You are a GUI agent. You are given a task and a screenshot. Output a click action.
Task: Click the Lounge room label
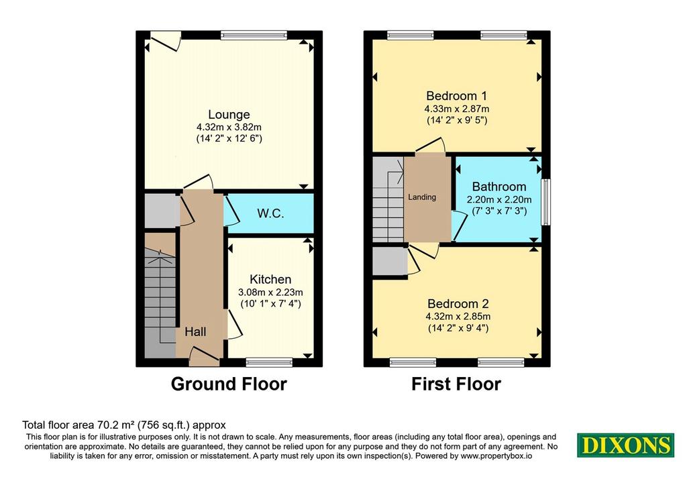click(x=229, y=114)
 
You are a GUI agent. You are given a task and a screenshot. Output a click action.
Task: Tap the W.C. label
click(x=270, y=214)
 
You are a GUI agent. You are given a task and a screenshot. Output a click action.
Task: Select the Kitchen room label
click(x=270, y=280)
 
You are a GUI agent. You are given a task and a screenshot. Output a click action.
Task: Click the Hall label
click(x=195, y=331)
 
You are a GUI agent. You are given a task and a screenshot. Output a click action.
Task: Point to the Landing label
click(x=422, y=197)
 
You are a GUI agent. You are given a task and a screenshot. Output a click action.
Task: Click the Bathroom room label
click(x=499, y=187)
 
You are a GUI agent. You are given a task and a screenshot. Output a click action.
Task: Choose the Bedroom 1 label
click(x=456, y=95)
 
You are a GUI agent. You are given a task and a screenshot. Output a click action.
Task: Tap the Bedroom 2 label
click(x=458, y=304)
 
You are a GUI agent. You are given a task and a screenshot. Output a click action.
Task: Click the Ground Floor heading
click(x=229, y=384)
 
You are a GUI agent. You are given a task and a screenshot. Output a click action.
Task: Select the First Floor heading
click(x=456, y=384)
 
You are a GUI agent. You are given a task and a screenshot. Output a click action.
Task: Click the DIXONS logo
click(x=626, y=445)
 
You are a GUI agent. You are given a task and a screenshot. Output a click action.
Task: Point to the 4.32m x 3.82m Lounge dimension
click(x=229, y=127)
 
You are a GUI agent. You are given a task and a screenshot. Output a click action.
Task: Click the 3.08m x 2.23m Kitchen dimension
click(x=270, y=292)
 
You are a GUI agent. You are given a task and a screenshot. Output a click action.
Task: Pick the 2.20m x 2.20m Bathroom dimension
click(x=499, y=200)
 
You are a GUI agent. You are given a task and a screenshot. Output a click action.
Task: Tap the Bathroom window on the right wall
click(x=546, y=202)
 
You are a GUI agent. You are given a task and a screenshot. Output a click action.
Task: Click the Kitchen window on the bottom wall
click(x=269, y=362)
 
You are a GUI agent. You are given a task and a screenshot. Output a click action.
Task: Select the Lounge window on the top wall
click(x=254, y=36)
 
